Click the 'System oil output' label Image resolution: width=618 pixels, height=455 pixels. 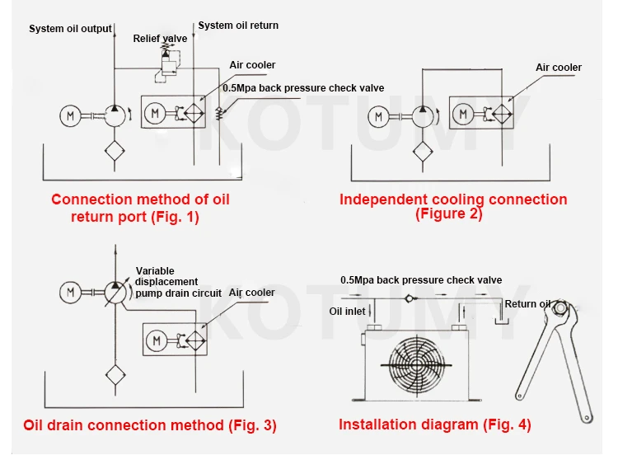pos(70,29)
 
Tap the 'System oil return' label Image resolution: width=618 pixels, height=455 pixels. pos(238,26)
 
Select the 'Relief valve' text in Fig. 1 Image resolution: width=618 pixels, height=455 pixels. pos(160,38)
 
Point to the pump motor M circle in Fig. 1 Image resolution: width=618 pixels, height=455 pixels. pos(71,116)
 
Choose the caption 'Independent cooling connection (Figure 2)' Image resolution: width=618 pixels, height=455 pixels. pos(453,206)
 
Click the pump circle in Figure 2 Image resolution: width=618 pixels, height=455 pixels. pos(424,116)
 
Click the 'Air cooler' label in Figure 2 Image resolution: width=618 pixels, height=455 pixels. pos(559,68)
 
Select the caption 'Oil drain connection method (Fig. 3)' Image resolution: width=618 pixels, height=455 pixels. pos(150,425)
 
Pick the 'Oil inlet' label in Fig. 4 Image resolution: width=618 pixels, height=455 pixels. pos(347,311)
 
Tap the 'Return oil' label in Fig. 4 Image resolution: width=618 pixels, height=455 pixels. pos(527,304)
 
